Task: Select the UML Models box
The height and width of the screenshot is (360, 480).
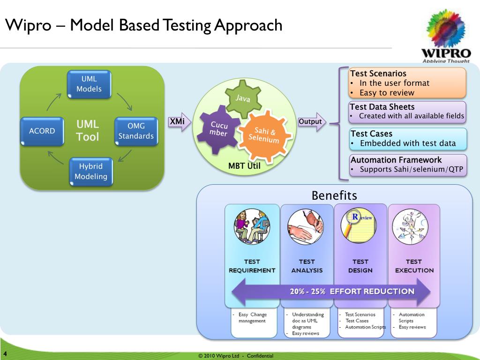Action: (x=89, y=84)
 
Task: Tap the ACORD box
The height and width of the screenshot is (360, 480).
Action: (x=42, y=131)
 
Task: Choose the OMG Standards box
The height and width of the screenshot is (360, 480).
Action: (x=136, y=131)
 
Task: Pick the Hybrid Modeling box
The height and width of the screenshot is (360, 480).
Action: (x=91, y=171)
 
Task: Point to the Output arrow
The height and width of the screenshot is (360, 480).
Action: (x=312, y=122)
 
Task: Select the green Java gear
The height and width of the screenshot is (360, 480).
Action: (x=242, y=98)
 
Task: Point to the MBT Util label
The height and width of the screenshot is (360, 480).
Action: (x=244, y=165)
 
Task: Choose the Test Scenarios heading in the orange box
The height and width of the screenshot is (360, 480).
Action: (x=378, y=74)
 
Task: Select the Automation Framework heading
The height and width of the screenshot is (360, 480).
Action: (x=396, y=160)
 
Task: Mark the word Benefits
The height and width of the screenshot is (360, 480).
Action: (x=334, y=195)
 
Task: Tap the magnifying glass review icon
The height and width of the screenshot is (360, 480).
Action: (x=360, y=225)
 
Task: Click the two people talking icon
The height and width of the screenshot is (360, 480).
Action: (x=252, y=225)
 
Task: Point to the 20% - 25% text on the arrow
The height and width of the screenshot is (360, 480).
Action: (x=307, y=291)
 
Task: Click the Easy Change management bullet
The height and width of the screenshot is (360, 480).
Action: (x=252, y=317)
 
